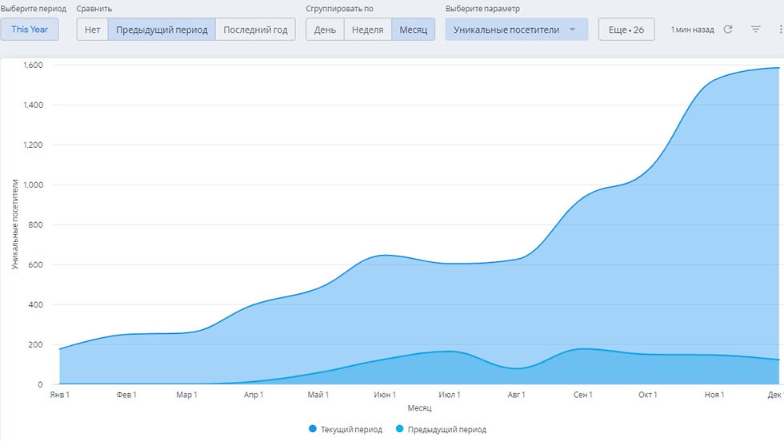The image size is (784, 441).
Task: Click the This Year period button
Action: tap(29, 30)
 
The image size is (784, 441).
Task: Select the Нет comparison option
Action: tap(92, 30)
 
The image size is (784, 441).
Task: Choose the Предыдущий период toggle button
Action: tap(162, 30)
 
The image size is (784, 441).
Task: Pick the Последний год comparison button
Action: tap(255, 30)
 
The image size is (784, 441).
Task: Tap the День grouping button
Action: tap(325, 30)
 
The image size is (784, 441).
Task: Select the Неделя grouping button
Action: tap(367, 30)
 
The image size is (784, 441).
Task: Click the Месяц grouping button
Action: tap(413, 30)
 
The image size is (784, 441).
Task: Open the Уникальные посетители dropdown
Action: tap(516, 30)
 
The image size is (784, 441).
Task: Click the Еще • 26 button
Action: tap(626, 30)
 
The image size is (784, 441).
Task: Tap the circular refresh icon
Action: tap(728, 30)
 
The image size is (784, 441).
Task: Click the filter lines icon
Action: tap(756, 30)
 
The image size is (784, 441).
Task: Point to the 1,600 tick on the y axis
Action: tap(33, 65)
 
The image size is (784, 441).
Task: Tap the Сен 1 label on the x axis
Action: tap(582, 395)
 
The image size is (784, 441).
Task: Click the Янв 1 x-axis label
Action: tap(60, 395)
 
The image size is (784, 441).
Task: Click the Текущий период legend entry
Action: tap(346, 430)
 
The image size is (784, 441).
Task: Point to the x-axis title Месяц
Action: tap(419, 408)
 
